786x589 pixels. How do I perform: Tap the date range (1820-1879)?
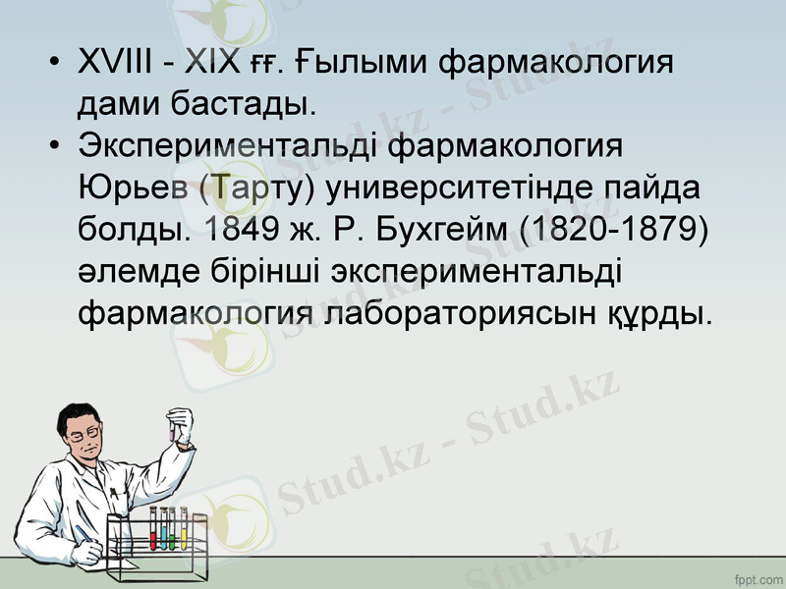coord(616,230)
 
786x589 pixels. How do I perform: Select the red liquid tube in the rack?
coord(153,531)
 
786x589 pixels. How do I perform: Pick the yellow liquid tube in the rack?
coord(183,531)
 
